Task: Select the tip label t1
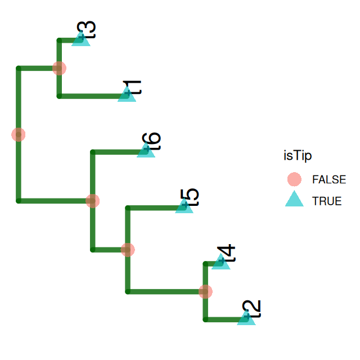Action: point(133,88)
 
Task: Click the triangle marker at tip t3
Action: point(81,39)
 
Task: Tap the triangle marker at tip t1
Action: point(127,95)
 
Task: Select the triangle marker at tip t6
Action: point(146,151)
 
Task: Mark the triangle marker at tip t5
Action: point(184,206)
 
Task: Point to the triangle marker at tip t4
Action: point(221,263)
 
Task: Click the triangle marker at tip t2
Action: point(246,318)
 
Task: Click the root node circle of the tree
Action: point(19,134)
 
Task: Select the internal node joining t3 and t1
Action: point(59,68)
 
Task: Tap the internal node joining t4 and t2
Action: point(205,291)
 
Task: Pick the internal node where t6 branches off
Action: point(92,201)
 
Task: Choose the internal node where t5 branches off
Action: point(128,249)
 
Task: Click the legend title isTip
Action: point(298,155)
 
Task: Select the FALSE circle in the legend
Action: point(294,179)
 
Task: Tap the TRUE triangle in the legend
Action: point(294,200)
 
